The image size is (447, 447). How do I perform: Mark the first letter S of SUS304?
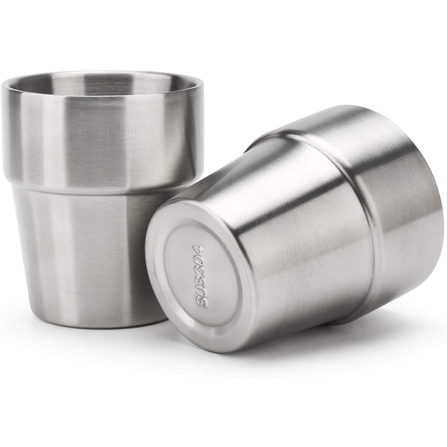[x=199, y=302]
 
